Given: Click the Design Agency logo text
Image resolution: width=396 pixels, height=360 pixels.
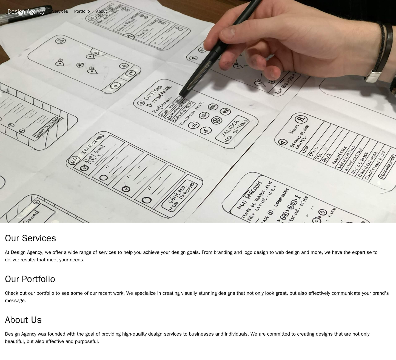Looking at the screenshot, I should tap(26, 12).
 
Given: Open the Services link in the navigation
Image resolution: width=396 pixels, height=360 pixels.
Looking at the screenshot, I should tap(60, 11).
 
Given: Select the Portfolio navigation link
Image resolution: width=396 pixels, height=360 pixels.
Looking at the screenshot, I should tap(82, 11).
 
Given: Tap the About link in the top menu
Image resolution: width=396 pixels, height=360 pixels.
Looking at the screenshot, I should tap(101, 11).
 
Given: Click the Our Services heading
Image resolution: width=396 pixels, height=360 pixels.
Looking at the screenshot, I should tap(30, 238).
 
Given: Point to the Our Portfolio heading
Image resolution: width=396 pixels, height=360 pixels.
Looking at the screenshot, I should tap(30, 279).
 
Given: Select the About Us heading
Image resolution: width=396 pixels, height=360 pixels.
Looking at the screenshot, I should tap(23, 320).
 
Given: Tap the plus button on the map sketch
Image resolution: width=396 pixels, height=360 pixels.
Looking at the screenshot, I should tap(116, 86).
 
